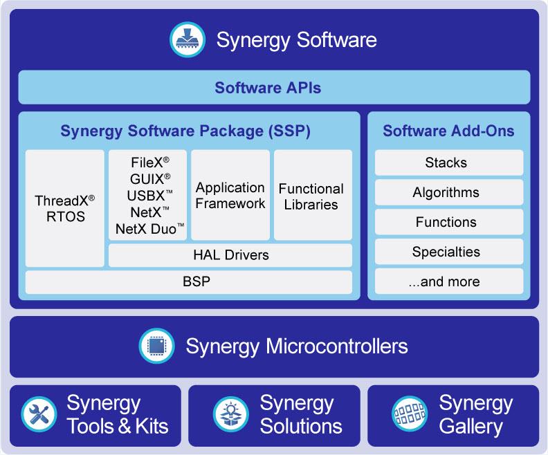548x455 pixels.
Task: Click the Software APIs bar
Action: [x=274, y=88]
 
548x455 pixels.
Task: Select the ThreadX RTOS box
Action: [x=65, y=208]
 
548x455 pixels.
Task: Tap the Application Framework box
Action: [x=230, y=196]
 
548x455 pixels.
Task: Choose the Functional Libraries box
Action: [x=313, y=196]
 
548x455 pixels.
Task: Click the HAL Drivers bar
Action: [x=230, y=255]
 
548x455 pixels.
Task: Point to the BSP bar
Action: [x=189, y=281]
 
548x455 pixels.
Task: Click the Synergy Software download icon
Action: [x=188, y=39]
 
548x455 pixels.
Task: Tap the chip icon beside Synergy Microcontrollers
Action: [x=157, y=346]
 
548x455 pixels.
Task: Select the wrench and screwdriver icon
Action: [x=39, y=414]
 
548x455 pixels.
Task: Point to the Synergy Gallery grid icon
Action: [x=408, y=414]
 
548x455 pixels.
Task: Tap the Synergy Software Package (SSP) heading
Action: [x=185, y=131]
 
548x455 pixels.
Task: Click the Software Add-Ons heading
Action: [x=448, y=131]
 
